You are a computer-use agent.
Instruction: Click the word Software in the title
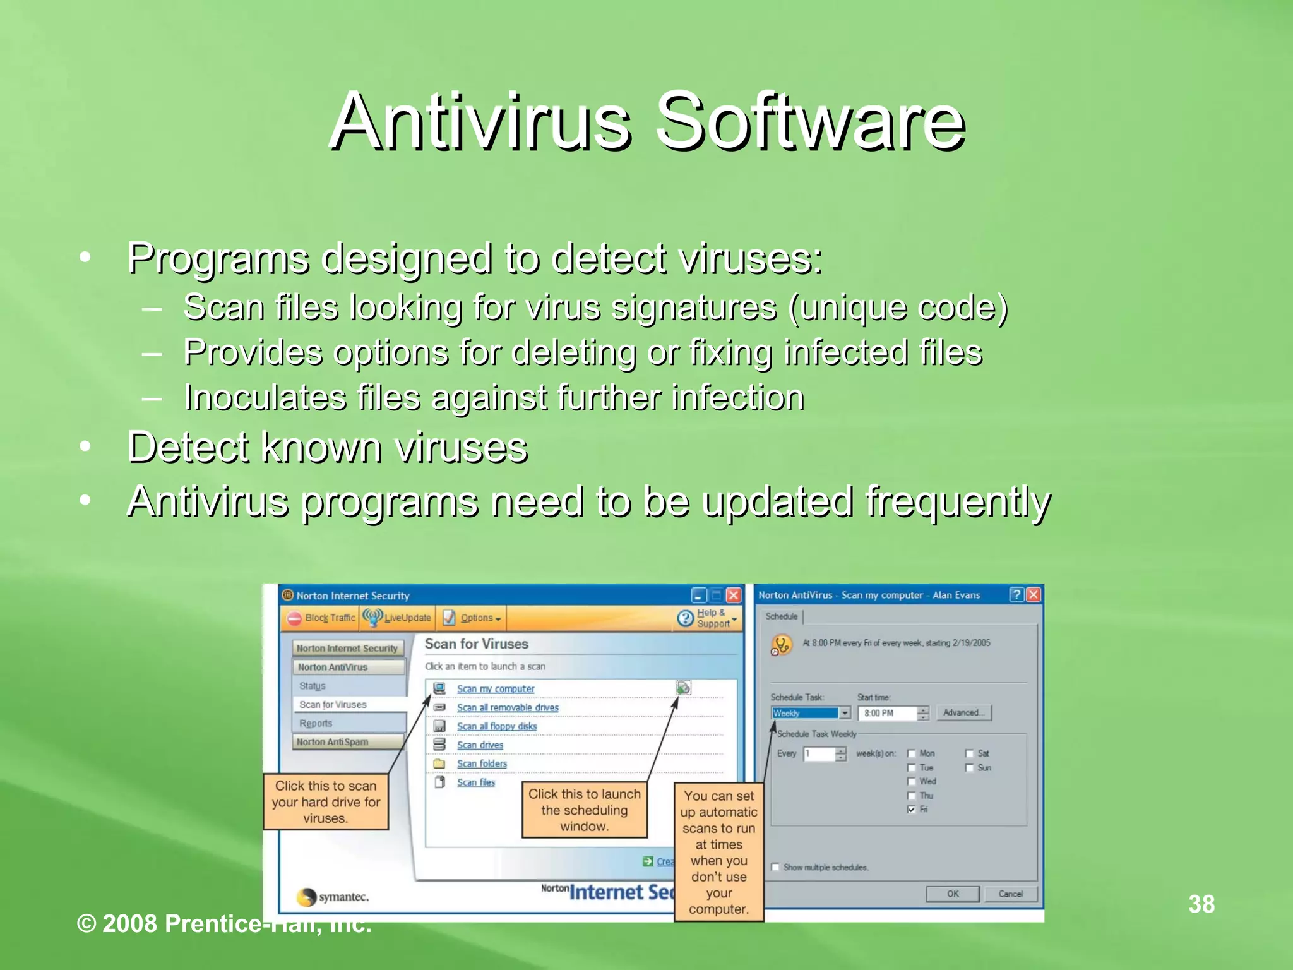pos(809,121)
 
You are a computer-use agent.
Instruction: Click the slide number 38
pos(1201,904)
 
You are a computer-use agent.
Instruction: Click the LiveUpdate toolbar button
pos(398,618)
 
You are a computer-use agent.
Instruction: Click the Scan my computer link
pos(495,689)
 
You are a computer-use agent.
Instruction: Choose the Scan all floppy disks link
pos(496,726)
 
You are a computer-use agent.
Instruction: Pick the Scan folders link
pos(481,763)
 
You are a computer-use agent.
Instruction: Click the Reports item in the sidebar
pos(316,723)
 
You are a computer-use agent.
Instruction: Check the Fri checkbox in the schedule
pos(911,810)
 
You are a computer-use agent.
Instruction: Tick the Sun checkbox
pos(969,768)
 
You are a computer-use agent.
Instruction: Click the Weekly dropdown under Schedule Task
pos(811,713)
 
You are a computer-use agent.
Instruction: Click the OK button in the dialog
pos(952,894)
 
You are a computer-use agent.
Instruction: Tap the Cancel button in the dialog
pos(1010,894)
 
